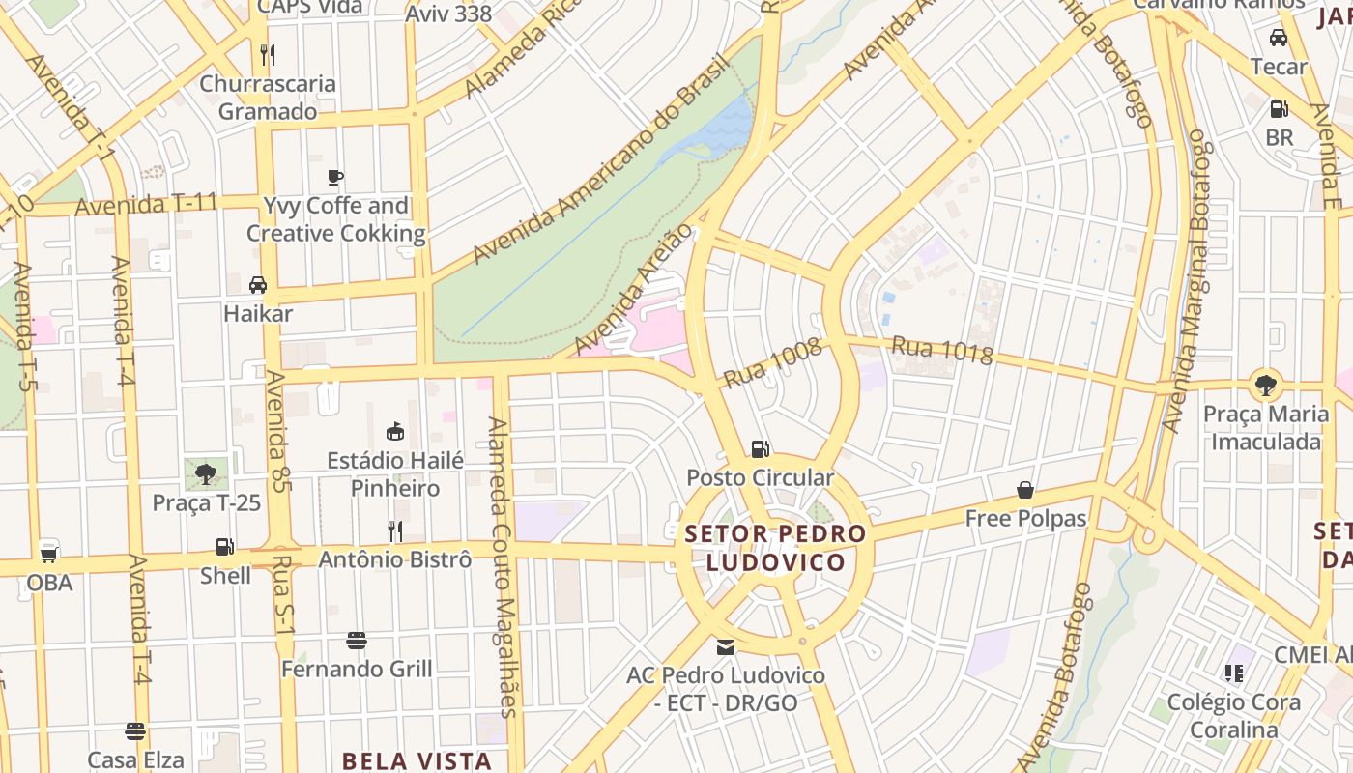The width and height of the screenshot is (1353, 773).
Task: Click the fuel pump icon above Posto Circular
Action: tap(761, 448)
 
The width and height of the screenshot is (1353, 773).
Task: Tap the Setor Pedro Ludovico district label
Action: tap(775, 548)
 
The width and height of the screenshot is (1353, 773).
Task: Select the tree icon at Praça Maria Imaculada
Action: tap(1265, 385)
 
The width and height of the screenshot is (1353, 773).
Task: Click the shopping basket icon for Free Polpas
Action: tap(1025, 490)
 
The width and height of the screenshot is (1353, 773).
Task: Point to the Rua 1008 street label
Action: tap(771, 363)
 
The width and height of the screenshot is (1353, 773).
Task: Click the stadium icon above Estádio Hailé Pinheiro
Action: tap(394, 431)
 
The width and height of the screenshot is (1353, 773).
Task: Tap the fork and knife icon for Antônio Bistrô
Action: tap(394, 530)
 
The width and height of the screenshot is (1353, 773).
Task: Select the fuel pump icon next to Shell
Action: tap(224, 547)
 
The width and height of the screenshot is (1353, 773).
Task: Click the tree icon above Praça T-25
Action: tap(205, 473)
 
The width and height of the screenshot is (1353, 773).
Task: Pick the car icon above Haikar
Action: tap(258, 285)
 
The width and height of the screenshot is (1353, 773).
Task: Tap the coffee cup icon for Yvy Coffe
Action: tap(335, 177)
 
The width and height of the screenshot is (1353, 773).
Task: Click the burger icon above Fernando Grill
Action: tap(357, 640)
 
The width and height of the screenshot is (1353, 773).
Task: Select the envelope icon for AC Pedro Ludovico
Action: tap(725, 646)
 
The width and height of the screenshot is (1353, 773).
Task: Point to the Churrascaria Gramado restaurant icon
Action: tap(268, 54)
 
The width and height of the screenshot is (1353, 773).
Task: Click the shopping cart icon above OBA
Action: tap(48, 554)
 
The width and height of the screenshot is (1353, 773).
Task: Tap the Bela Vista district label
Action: tap(417, 760)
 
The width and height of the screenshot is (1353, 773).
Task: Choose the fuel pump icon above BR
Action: tap(1279, 109)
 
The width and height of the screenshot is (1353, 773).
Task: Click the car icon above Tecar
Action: tap(1279, 38)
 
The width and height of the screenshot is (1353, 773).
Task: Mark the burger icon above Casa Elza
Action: tap(135, 730)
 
